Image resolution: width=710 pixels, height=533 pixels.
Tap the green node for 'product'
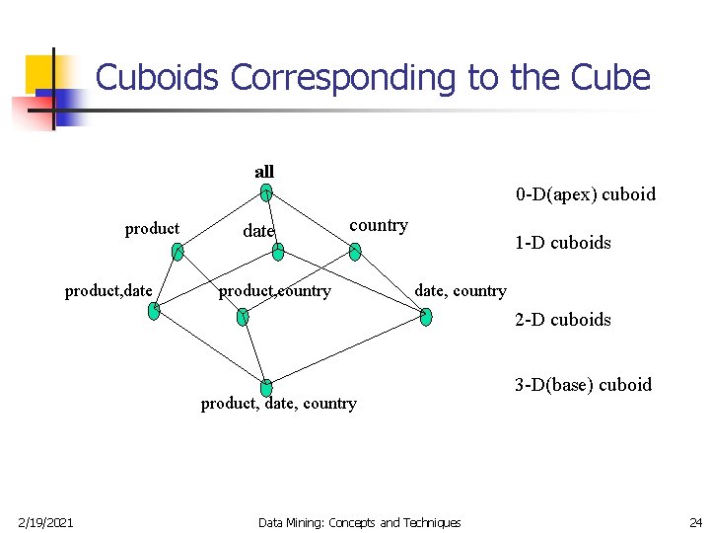pos(177,253)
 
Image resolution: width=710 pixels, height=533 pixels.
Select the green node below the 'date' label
pos(278,253)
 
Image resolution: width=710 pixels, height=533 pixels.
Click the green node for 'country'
pos(355,252)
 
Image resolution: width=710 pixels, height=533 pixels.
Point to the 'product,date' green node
pos(154,310)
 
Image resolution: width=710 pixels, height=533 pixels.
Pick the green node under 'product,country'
pos(243,316)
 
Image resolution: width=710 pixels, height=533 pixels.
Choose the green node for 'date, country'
pos(425,316)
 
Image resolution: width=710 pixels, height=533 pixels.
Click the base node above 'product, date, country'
pos(266,388)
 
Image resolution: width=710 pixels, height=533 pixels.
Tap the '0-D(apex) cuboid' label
pos(585,193)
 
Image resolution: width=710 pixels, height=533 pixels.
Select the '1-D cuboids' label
pos(562,242)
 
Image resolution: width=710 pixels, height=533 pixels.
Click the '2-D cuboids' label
pos(562,319)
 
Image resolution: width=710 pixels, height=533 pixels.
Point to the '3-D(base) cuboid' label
pos(583,384)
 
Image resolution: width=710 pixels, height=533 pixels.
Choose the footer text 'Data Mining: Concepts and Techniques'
pos(359,522)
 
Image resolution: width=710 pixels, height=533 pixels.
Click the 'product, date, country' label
pos(278,403)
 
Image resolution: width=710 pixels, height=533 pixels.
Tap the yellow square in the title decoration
pos(41,71)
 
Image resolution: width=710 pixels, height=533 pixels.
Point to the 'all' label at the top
pos(264,172)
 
